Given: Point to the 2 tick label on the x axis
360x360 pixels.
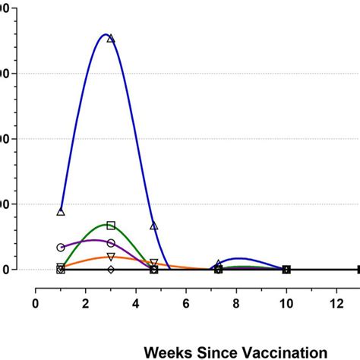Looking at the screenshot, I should (x=86, y=303).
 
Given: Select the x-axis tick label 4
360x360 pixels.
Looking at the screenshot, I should (x=136, y=303).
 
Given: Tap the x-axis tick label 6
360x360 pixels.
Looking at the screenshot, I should (x=186, y=303).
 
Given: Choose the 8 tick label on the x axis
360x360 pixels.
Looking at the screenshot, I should (x=236, y=303).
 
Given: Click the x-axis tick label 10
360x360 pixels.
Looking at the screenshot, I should (x=286, y=303).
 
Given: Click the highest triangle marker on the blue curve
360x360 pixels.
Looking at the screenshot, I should (x=111, y=38).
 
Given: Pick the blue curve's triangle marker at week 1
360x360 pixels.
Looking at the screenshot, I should (x=61, y=211).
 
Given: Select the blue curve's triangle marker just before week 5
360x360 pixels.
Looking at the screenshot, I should (x=153, y=226).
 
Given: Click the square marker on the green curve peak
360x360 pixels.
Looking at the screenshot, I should (x=111, y=225).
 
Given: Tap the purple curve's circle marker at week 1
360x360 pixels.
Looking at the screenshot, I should (x=61, y=248).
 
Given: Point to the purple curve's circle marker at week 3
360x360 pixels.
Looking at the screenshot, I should (x=111, y=243).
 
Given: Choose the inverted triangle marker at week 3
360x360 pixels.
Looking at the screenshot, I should (x=111, y=257).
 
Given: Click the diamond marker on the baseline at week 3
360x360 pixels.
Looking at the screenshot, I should (x=111, y=270).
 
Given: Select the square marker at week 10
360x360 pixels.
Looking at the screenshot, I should (x=286, y=270).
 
